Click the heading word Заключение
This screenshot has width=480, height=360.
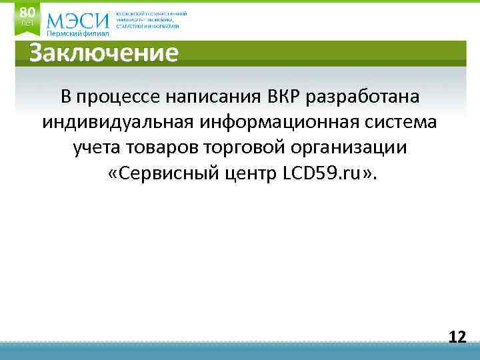pos(103,53)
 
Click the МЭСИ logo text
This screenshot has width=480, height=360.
pos(78,19)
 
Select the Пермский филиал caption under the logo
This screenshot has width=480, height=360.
pos(77,34)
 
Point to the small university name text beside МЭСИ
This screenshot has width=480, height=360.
pos(151,20)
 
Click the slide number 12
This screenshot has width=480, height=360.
pos(457,337)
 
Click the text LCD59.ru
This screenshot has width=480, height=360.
pos(321,174)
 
